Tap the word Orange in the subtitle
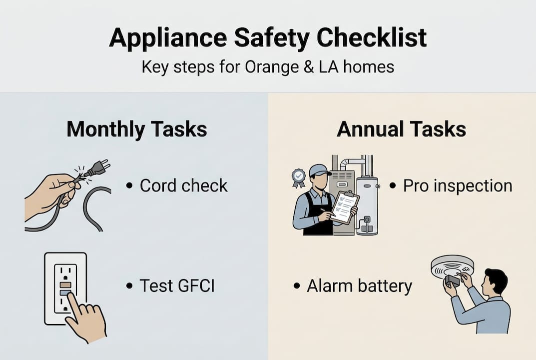(267, 67)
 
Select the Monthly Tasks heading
(136, 129)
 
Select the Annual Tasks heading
(402, 129)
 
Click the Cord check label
(183, 185)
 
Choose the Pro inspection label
(458, 185)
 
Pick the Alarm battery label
(359, 286)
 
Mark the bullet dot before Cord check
(130, 186)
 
